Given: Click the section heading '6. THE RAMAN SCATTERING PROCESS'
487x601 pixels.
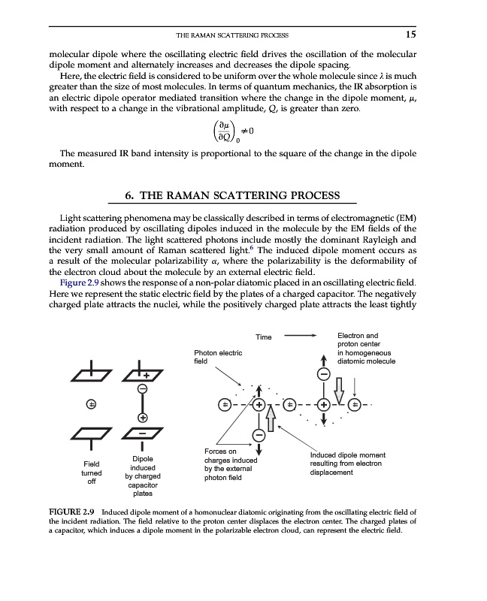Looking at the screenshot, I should pyautogui.click(x=243, y=196).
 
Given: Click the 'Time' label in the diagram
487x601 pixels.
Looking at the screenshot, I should pyautogui.click(x=263, y=337).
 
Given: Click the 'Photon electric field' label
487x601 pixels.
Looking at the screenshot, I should pyautogui.click(x=218, y=357).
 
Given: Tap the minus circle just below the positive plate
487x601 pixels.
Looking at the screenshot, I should pyautogui.click(x=142, y=388).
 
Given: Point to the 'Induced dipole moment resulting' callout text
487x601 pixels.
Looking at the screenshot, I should pyautogui.click(x=348, y=464).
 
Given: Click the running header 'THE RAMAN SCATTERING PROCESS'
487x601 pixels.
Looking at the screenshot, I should pyautogui.click(x=231, y=35).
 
